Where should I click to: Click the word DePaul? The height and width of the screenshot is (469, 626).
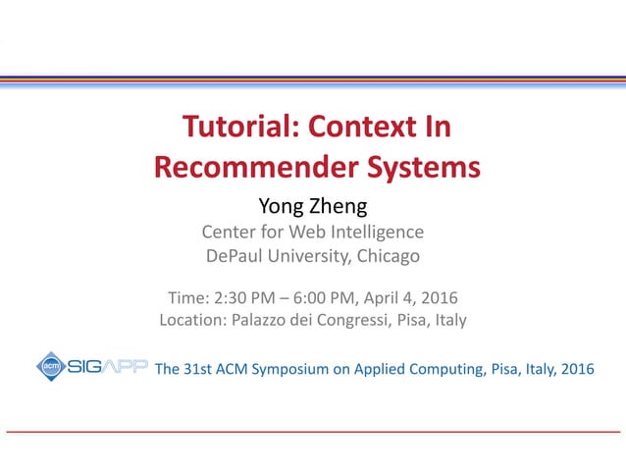tap(235, 257)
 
